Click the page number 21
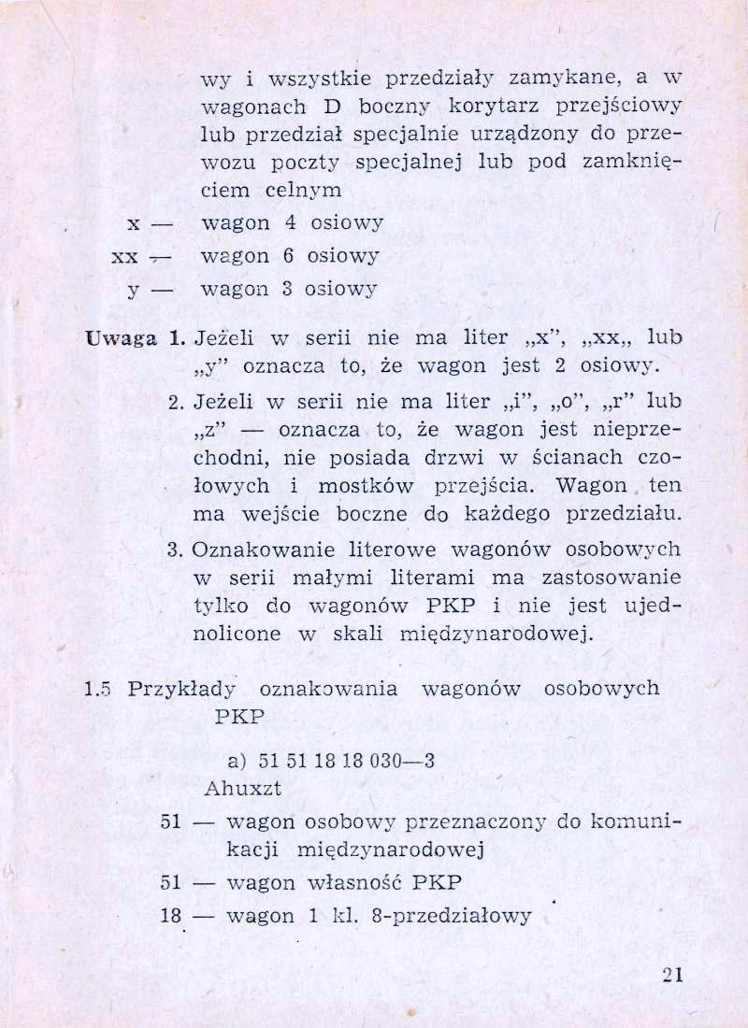(x=672, y=974)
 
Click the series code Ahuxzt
(x=243, y=788)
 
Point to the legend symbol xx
(x=124, y=256)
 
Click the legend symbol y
(x=134, y=289)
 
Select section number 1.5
(x=97, y=689)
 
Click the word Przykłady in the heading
(x=181, y=690)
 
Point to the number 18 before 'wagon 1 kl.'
(x=170, y=916)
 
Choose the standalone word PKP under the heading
(x=240, y=718)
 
